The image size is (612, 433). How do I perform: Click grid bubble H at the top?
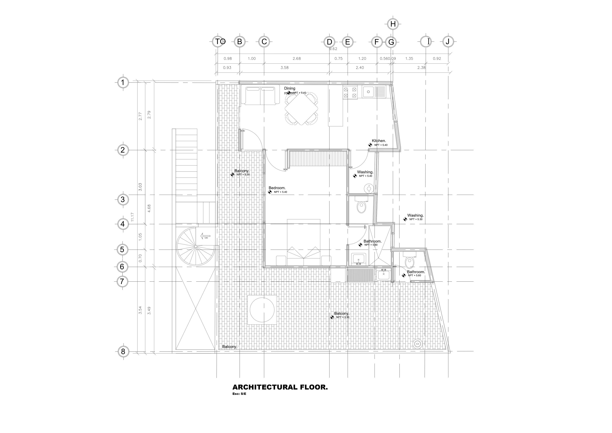click(393, 24)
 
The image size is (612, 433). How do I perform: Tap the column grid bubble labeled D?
click(329, 42)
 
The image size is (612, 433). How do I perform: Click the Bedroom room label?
click(277, 188)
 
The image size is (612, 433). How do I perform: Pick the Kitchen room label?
click(379, 141)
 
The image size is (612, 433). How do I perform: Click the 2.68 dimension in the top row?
click(296, 59)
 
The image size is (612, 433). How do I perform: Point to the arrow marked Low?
click(205, 236)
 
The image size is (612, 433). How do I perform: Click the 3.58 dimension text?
click(284, 68)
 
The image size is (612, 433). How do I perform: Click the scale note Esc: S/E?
click(239, 394)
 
